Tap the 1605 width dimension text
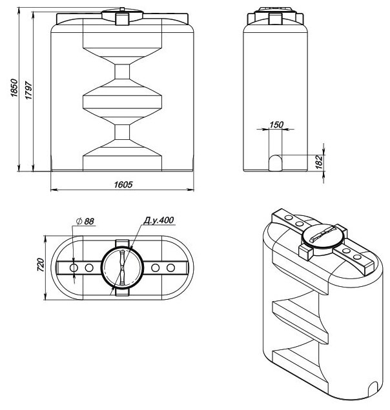coord(123,184)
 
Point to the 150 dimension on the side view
coord(276,125)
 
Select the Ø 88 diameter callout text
coord(85,221)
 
